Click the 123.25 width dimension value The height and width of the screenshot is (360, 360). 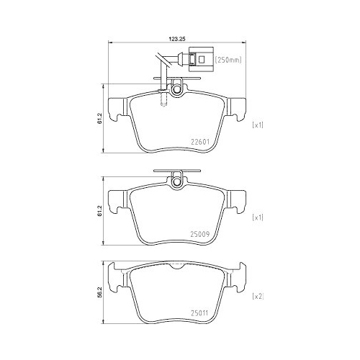pos(178,40)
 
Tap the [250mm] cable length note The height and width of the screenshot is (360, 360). pos(228,60)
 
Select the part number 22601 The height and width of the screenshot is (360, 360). pos(200,142)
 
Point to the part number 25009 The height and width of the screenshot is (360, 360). pos(200,234)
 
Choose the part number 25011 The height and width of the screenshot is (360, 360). pos(199,313)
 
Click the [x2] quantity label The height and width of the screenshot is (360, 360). pos(258,297)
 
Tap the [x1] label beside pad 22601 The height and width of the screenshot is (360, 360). pos(258,125)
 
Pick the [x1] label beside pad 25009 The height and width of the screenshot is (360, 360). pos(258,217)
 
